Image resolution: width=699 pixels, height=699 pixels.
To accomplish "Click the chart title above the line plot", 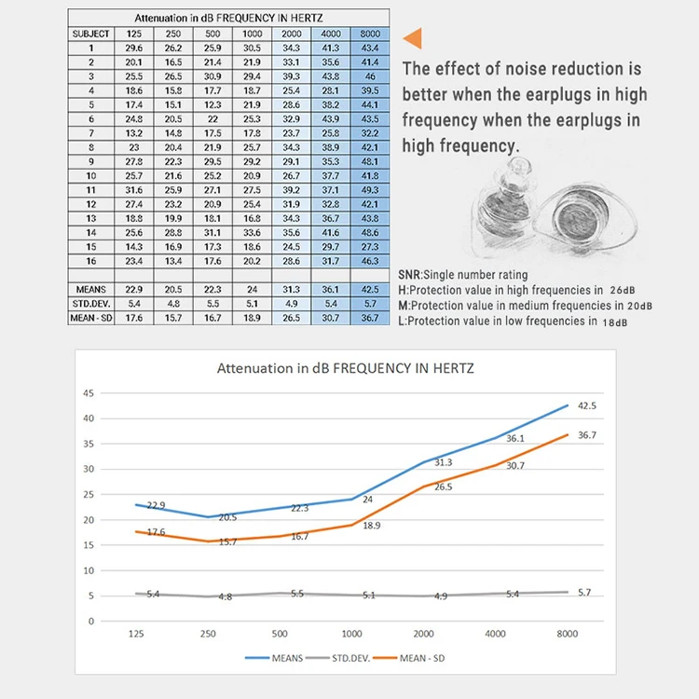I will (x=346, y=368).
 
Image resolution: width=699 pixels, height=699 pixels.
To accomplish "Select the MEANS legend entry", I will (x=280, y=658).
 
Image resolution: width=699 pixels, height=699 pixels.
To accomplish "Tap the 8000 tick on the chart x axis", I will (x=566, y=633).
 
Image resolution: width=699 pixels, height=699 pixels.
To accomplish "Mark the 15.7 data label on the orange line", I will (x=227, y=541).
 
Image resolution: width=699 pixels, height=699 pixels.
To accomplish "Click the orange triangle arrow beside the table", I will (x=412, y=37).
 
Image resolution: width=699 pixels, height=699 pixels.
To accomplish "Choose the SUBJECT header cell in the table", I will (x=91, y=34).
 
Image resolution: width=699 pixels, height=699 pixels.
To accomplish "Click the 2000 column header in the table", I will (x=291, y=34).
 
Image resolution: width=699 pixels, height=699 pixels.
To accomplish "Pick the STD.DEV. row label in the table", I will (x=91, y=304).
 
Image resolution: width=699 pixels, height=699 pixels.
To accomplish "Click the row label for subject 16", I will (x=91, y=261).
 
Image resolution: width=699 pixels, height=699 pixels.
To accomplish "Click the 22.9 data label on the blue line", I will (x=157, y=505).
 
